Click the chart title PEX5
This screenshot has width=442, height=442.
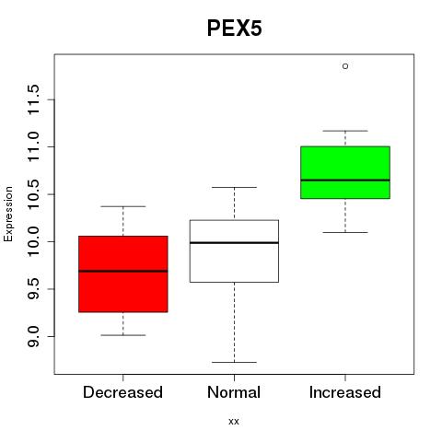[x=235, y=29]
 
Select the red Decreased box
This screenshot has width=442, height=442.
[x=123, y=274]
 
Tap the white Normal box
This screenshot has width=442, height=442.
[x=234, y=251]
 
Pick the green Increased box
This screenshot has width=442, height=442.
[x=345, y=172]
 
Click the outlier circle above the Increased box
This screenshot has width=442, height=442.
[x=345, y=66]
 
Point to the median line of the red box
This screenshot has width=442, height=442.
[x=123, y=271]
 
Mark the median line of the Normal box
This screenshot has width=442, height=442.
[x=234, y=243]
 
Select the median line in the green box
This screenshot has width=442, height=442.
[x=345, y=180]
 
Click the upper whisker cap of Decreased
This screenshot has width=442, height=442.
[x=123, y=206]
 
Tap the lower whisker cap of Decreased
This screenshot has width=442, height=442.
[x=123, y=335]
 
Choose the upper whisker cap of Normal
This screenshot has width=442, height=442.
[x=234, y=187]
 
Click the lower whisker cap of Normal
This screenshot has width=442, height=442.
[x=234, y=362]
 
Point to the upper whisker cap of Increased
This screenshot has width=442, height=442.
[x=345, y=131]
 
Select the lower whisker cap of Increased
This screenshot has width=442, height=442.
[x=345, y=232]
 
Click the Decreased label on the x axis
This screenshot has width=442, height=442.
[x=122, y=392]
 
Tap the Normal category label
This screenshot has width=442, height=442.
[x=234, y=392]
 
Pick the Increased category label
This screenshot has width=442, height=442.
[x=345, y=392]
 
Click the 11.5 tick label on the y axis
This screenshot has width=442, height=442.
[x=33, y=99]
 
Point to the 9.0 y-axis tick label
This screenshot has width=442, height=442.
[x=33, y=336]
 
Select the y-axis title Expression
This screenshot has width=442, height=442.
[x=8, y=214]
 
